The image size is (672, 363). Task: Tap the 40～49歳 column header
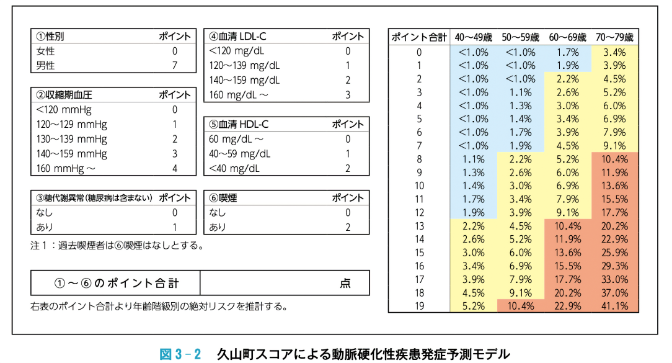(474, 37)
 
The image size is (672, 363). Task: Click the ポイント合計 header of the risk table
(419, 37)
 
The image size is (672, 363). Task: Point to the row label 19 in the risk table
(419, 306)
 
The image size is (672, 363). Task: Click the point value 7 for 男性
(175, 65)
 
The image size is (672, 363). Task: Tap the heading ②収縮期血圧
(64, 95)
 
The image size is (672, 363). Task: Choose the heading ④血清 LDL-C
(238, 36)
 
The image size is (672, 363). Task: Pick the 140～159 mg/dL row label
(244, 80)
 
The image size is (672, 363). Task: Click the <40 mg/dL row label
(234, 168)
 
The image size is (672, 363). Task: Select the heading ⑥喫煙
(223, 199)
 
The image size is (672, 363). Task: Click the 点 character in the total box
(345, 284)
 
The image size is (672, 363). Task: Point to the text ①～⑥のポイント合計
(116, 284)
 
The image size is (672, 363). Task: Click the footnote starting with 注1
(117, 245)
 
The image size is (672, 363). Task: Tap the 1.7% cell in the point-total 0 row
(568, 53)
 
